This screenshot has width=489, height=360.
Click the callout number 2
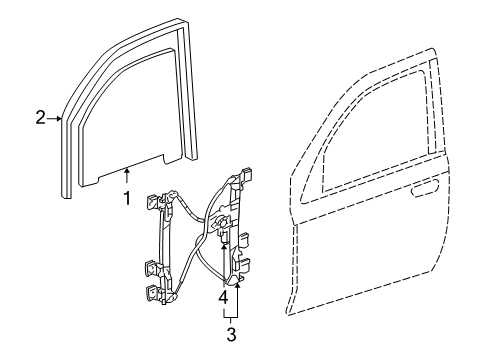[40, 118]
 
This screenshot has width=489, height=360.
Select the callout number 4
[224, 297]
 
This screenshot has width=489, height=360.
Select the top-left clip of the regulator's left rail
[153, 201]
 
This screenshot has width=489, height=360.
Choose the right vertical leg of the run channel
[187, 110]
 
